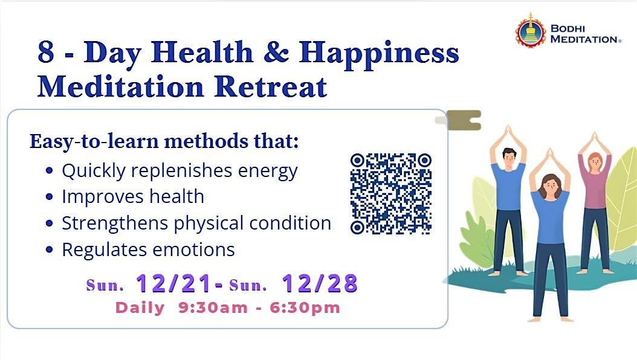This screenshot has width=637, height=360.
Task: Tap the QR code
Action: click(391, 193)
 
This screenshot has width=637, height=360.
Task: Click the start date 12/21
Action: click(174, 283)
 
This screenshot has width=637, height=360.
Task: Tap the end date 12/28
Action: click(320, 283)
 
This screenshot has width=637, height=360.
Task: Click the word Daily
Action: click(140, 307)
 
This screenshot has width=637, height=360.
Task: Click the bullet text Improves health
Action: click(133, 196)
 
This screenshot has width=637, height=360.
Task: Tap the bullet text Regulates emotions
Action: click(148, 249)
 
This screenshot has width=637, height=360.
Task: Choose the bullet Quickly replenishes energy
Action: click(179, 171)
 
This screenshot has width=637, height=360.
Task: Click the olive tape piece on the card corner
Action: click(462, 120)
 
